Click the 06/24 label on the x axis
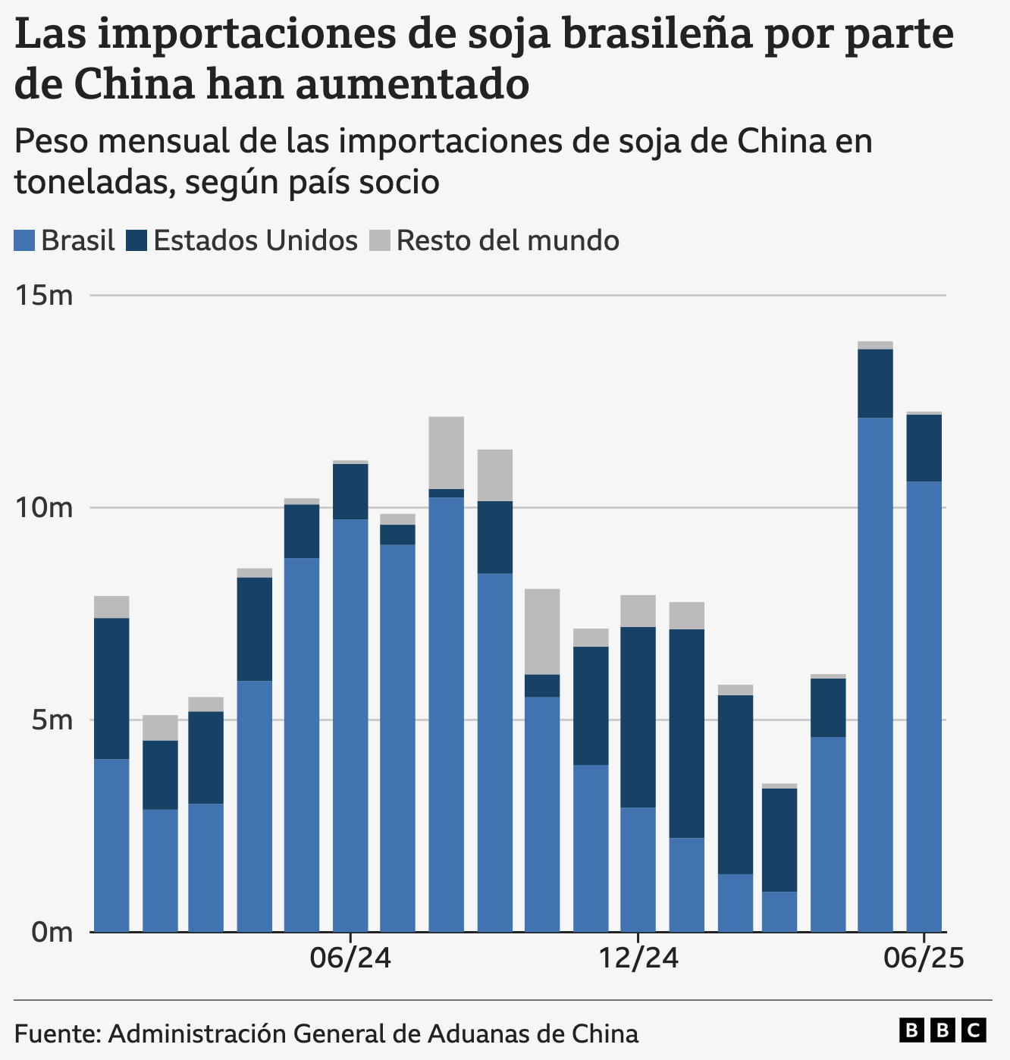(350, 958)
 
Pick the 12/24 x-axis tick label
(638, 958)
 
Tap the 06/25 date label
(924, 958)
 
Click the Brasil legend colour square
(24, 241)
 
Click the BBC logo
(943, 1030)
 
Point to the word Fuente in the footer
(57, 1033)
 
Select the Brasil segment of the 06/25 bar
(924, 705)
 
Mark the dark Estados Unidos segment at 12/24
(638, 717)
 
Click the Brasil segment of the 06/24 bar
(350, 724)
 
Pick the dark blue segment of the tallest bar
(875, 383)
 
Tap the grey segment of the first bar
(111, 607)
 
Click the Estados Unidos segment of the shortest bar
(779, 839)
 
